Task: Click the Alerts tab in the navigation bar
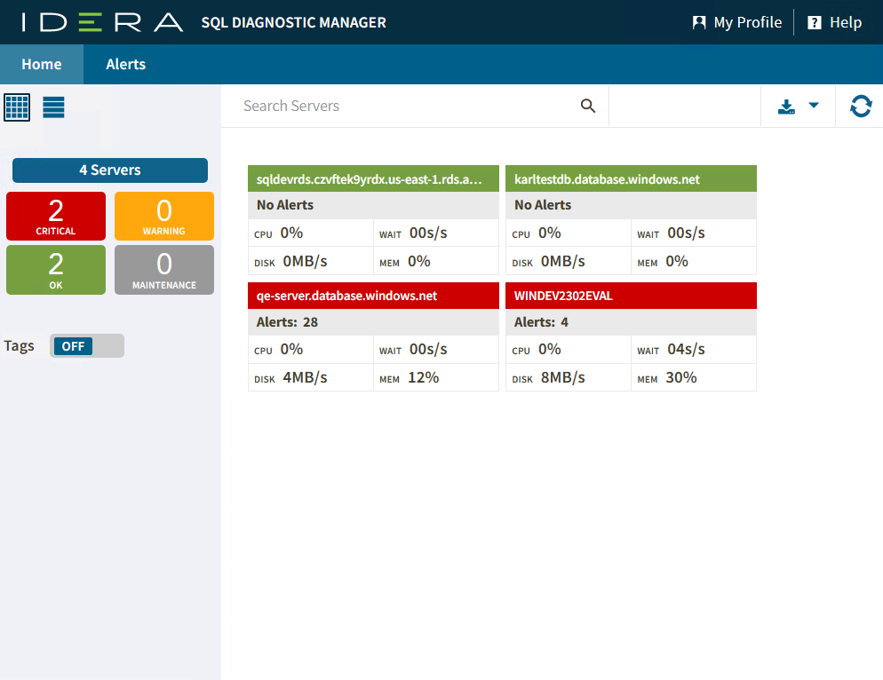[125, 64]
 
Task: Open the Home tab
[42, 64]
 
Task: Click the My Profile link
[736, 22]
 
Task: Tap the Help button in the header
[835, 22]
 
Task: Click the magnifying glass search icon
[588, 106]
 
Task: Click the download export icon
[786, 107]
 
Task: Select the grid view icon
[18, 107]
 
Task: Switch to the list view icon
[54, 107]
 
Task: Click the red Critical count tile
[56, 216]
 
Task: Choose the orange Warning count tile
[164, 216]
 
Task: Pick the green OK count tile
[56, 269]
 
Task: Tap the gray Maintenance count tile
[164, 269]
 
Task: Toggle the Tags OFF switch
[87, 346]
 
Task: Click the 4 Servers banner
[110, 170]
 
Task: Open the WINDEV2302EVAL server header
[631, 296]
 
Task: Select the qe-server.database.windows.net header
[373, 296]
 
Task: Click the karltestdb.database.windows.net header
[631, 179]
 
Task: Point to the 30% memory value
[680, 377]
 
